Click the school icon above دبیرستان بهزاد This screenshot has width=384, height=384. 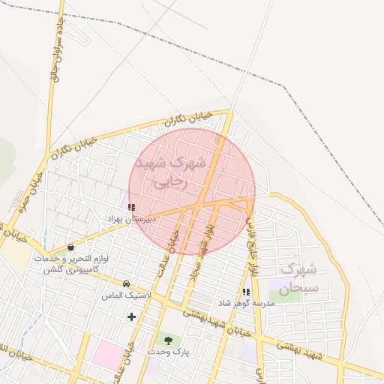132,207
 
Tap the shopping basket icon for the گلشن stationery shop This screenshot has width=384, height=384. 70,247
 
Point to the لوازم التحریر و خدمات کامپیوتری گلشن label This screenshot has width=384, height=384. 71,263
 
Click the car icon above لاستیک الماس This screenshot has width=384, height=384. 126,284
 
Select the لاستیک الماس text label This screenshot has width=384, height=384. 126,296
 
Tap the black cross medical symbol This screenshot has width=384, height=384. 132,316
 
